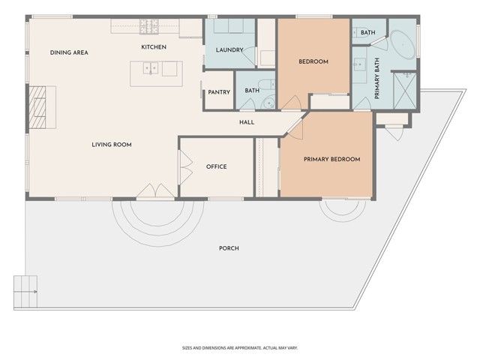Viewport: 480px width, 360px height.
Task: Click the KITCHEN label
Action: point(154,47)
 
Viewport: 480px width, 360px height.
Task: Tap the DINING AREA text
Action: point(70,52)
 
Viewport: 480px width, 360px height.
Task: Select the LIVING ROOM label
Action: point(112,144)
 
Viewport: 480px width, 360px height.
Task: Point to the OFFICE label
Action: point(216,166)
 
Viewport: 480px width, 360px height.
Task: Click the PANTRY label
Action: point(219,91)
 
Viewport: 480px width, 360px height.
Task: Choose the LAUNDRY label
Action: point(227,49)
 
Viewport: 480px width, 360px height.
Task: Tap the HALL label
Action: point(247,121)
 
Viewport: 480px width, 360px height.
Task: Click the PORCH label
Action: point(229,248)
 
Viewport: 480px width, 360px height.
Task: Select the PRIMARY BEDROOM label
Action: point(331,159)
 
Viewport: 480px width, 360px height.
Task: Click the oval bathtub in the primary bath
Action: point(403,46)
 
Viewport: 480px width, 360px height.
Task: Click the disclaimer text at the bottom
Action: point(240,348)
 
